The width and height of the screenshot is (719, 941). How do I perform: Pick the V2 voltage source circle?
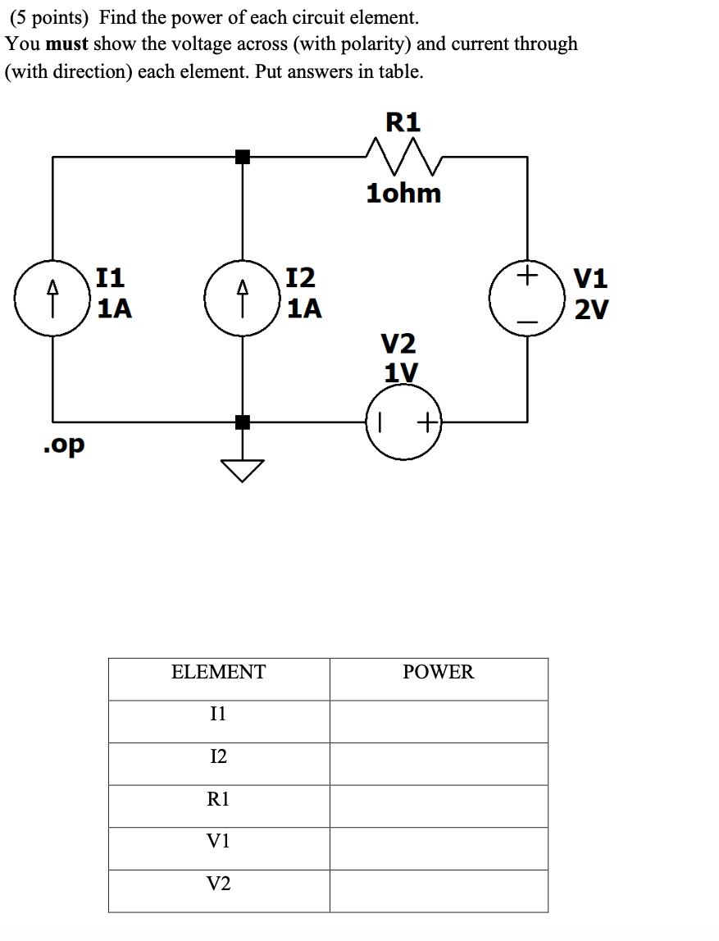tap(403, 423)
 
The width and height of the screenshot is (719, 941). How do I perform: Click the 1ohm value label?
tap(403, 194)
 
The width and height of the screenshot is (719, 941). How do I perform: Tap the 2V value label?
tap(591, 309)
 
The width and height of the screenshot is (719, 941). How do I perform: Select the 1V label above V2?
tap(401, 372)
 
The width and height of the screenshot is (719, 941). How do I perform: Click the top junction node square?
tap(242, 156)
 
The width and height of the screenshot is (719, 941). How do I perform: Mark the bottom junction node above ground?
tap(242, 423)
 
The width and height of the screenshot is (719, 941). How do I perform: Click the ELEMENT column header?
tap(218, 673)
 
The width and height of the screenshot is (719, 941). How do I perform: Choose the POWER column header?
tap(438, 673)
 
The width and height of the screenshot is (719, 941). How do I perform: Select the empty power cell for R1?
tap(438, 806)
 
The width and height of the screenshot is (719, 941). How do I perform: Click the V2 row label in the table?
tap(218, 884)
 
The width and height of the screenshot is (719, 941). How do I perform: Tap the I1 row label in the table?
tap(218, 715)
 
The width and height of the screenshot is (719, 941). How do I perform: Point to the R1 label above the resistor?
tap(403, 122)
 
